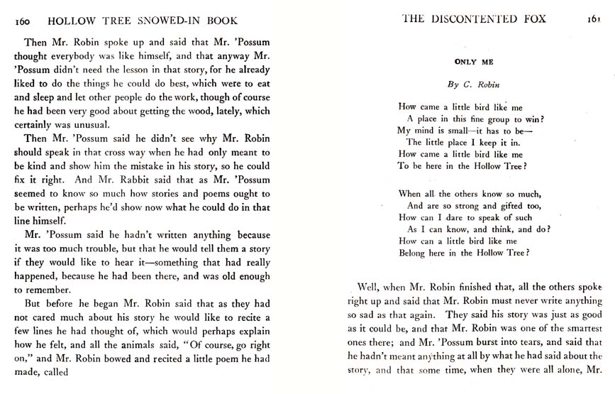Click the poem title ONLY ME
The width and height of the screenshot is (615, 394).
tap(474, 62)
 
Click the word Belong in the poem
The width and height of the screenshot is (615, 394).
tap(415, 253)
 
